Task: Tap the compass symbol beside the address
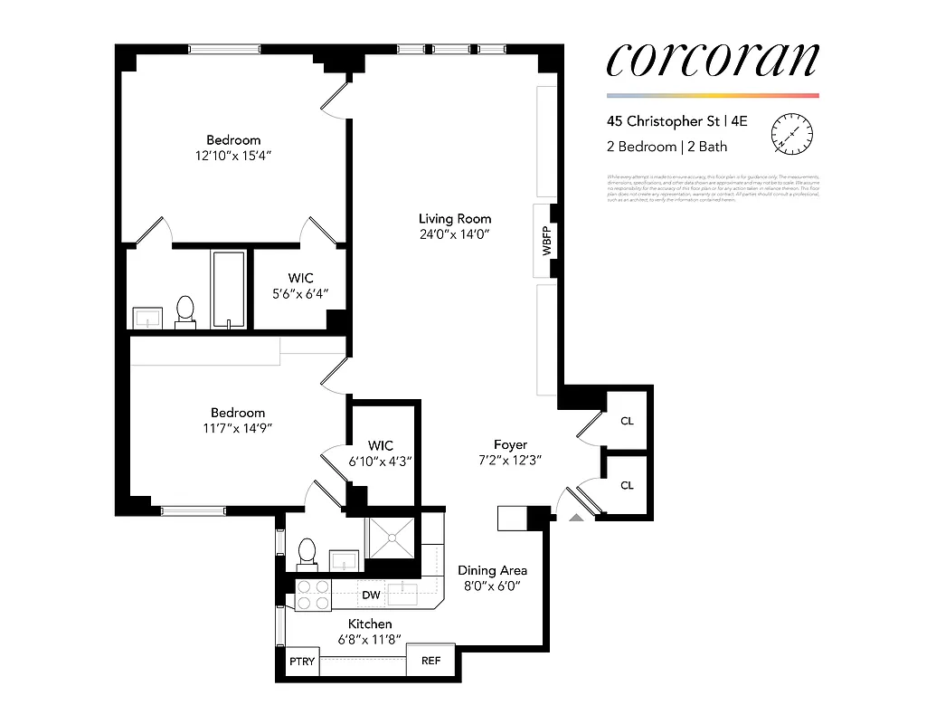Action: [x=791, y=134]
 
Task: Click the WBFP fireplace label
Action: [x=547, y=240]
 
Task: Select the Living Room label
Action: [x=455, y=218]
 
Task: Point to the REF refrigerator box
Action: [x=431, y=661]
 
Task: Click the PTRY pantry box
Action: [x=302, y=661]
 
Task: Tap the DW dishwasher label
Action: [x=371, y=595]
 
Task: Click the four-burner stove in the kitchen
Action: [x=313, y=595]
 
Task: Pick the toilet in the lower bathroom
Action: [x=307, y=552]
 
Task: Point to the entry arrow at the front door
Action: [x=576, y=519]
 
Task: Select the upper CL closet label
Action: [x=627, y=421]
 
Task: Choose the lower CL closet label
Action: [x=627, y=485]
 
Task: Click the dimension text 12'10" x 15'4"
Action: [x=233, y=156]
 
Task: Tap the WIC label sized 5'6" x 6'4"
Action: [x=301, y=279]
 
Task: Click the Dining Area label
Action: [x=492, y=570]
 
